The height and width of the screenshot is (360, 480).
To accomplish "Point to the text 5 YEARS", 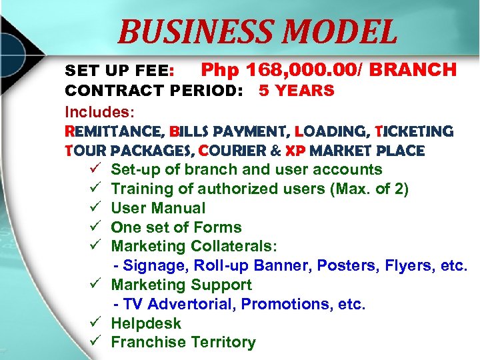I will click(296, 91).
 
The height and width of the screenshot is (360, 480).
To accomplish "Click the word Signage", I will click(156, 266).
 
